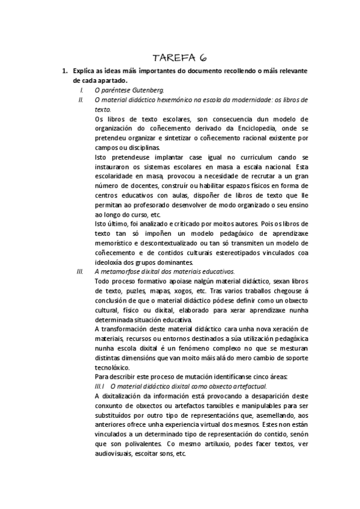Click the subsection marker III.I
(100, 387)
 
